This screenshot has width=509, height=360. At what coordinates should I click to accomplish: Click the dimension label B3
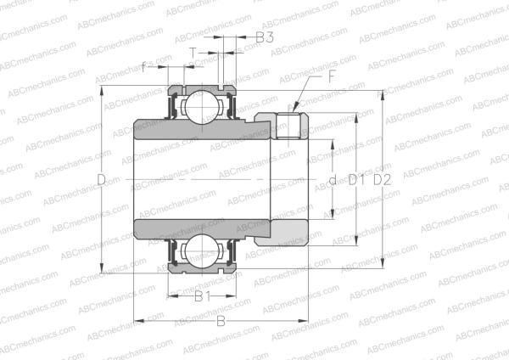pos(264,37)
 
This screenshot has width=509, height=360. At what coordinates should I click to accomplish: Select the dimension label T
pos(193,53)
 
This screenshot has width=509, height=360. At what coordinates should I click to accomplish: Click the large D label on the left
pos(101,180)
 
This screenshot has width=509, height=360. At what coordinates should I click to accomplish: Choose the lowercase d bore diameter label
pos(332,180)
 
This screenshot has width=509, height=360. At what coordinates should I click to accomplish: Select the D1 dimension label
pos(356,180)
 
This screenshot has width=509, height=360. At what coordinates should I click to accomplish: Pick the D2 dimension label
pos(383,180)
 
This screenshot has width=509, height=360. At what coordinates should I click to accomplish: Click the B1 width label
pos(201,296)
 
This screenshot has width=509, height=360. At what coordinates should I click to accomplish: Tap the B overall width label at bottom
pos(221,322)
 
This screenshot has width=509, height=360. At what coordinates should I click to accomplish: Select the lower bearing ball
pos(201,252)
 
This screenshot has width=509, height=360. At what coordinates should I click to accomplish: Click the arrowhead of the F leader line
pos(295,109)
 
